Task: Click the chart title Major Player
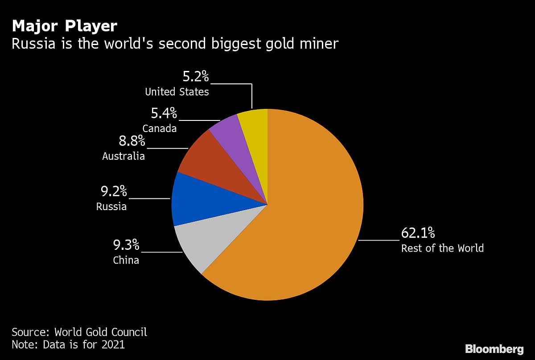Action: coord(64,26)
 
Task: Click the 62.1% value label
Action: coord(418,233)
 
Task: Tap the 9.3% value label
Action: coord(126,245)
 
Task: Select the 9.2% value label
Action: coord(114,192)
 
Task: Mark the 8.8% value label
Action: coord(132,141)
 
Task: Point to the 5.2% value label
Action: coord(196,77)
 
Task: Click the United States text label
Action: coord(177,92)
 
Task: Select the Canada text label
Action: coord(160,128)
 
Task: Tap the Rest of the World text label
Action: coord(442,248)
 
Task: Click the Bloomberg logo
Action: coord(494,348)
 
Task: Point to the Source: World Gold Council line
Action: coord(79,332)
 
